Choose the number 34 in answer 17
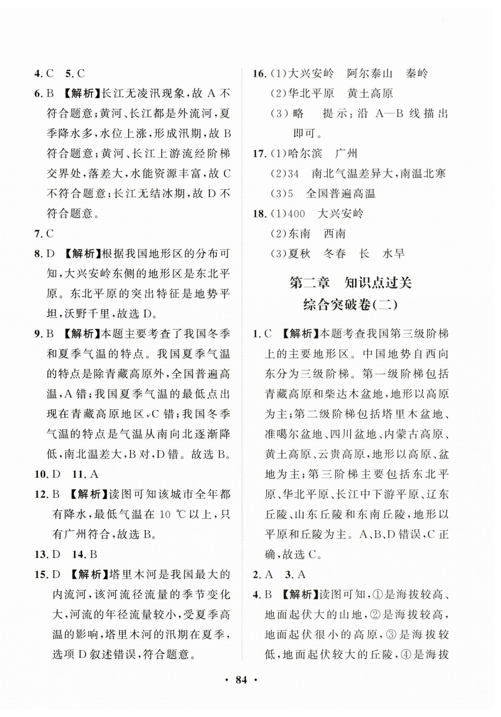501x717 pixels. point(293,174)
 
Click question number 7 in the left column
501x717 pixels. point(38,234)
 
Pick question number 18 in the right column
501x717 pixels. point(259,214)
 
